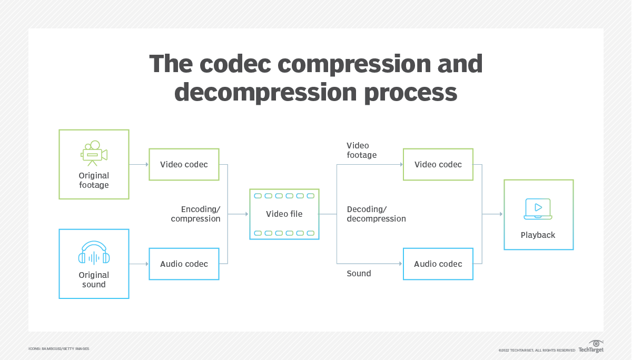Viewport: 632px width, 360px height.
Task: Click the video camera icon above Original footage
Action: tap(94, 153)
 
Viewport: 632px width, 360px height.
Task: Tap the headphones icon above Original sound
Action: tap(94, 253)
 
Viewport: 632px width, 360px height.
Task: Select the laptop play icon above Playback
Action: tap(538, 209)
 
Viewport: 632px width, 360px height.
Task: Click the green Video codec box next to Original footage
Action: tap(184, 165)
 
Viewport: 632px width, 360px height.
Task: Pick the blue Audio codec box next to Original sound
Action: tap(184, 264)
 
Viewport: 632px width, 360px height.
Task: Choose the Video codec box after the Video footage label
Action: tap(438, 165)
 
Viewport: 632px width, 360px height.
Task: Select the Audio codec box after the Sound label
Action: tap(438, 264)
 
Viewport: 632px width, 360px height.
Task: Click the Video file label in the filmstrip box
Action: tap(284, 214)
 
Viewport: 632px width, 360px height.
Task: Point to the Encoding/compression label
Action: tap(196, 214)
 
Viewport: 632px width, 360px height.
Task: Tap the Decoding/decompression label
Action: tap(376, 214)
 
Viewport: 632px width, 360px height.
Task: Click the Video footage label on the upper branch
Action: tap(361, 150)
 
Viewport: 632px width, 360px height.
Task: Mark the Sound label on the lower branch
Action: tap(359, 274)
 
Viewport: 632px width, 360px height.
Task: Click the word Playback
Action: tap(538, 235)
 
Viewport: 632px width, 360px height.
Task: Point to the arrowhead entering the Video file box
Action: tap(245, 214)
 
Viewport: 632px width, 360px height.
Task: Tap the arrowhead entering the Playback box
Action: tap(500, 214)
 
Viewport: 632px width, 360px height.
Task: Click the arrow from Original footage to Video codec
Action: tap(139, 165)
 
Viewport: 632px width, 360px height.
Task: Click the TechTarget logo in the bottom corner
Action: tap(591, 347)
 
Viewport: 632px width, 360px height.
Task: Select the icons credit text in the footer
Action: tap(58, 349)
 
